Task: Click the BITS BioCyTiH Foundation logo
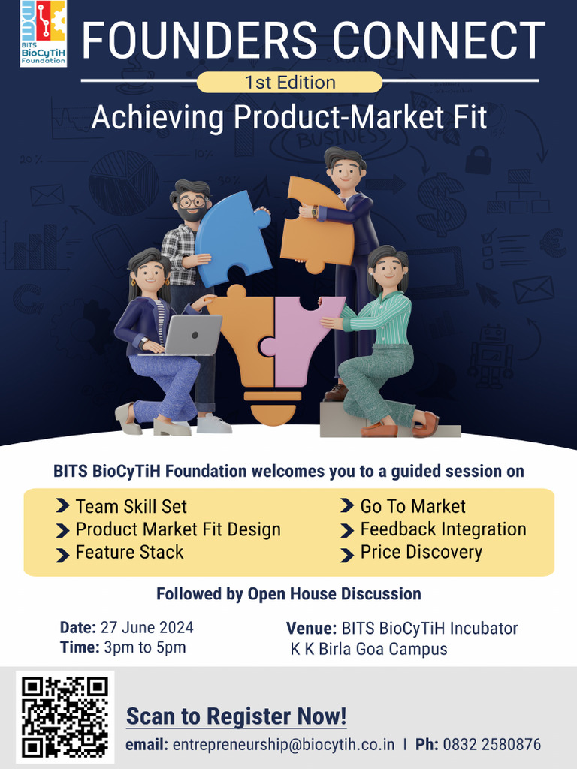pos(43,34)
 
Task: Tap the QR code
pos(65,716)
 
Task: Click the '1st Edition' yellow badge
pos(289,82)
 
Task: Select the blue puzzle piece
pos(231,235)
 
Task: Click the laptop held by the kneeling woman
pos(193,335)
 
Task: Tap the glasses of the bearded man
pos(192,201)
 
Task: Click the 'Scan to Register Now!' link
pos(236,716)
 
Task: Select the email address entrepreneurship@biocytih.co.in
pos(283,745)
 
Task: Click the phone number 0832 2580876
pos(491,745)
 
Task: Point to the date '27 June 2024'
pos(148,628)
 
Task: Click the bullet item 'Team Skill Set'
pos(131,506)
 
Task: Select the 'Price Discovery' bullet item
pos(421,552)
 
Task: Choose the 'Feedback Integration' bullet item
pos(443,529)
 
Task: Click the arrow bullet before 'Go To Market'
pos(347,507)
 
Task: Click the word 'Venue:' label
pos(311,628)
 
